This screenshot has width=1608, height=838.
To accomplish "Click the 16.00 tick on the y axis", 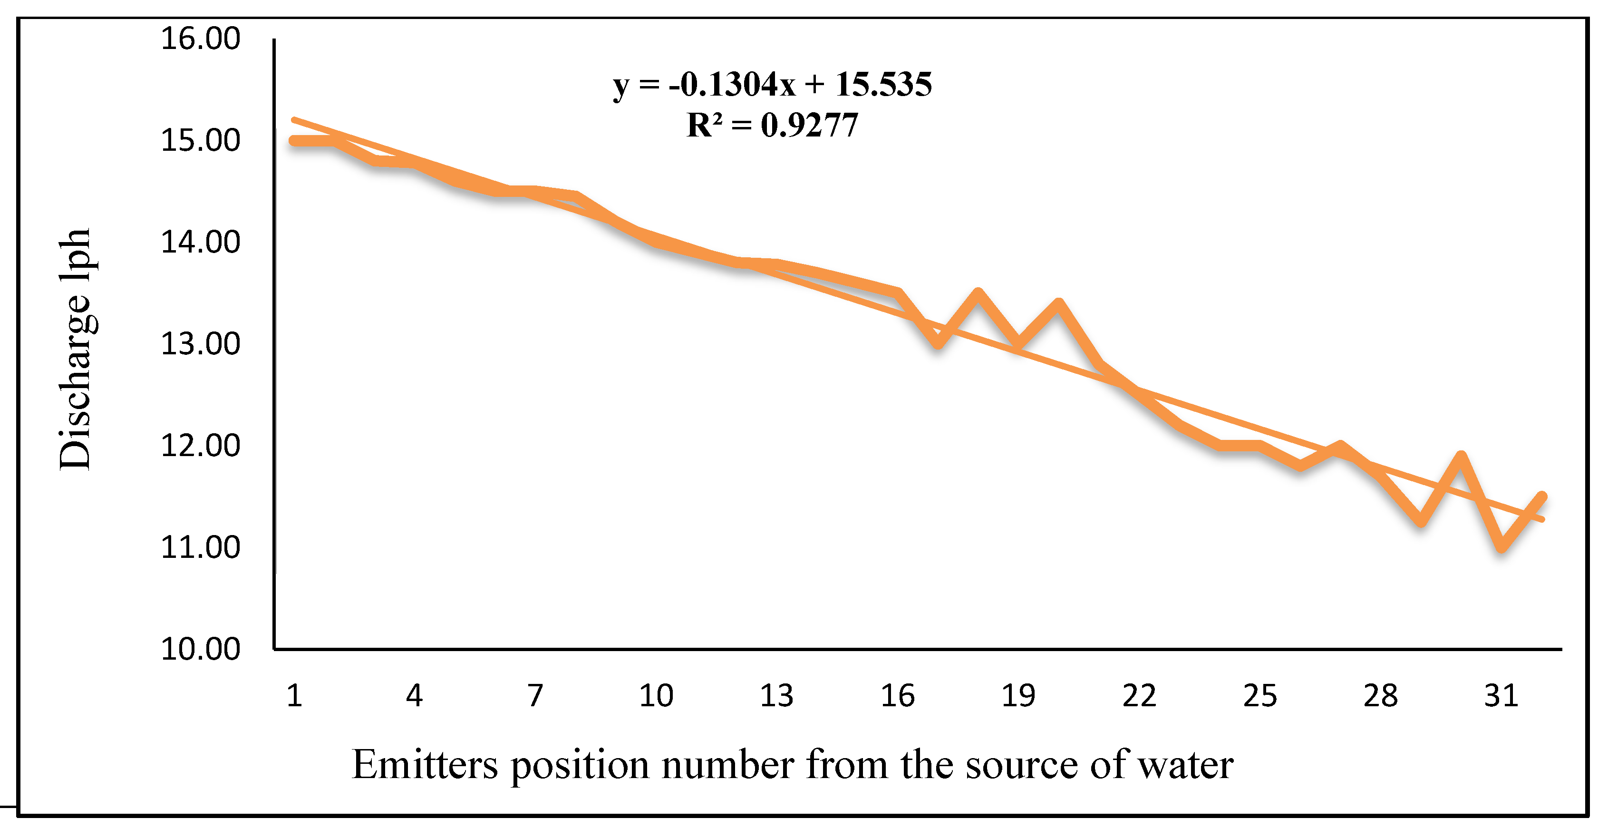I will (x=200, y=39).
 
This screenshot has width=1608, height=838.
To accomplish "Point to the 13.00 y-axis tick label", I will (x=200, y=344).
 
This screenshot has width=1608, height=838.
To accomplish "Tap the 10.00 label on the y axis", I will (x=200, y=649).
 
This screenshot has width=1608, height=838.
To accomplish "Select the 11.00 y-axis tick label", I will (x=200, y=547).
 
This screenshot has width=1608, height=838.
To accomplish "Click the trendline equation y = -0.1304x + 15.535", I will (x=772, y=84).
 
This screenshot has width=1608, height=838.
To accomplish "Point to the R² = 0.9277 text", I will (x=772, y=125).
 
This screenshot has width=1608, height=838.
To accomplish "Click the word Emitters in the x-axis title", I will (x=425, y=764).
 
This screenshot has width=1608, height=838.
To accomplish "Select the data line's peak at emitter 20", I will (x=1058, y=304).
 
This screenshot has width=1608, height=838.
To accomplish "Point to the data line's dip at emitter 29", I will (x=1421, y=521).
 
